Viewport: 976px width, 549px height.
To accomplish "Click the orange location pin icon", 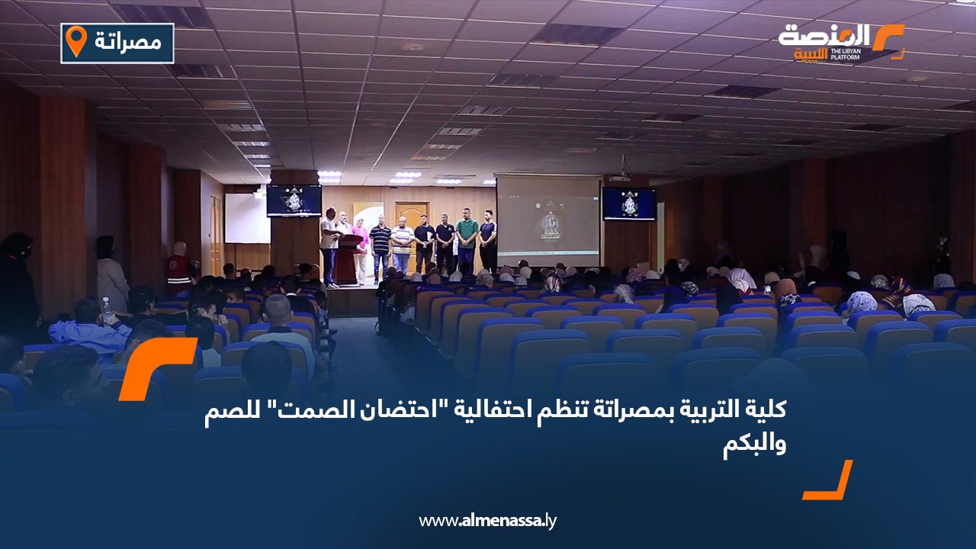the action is click(76, 41).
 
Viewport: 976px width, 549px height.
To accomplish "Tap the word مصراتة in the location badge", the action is click(128, 42).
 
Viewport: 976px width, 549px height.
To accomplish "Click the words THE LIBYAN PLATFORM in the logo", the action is click(845, 54).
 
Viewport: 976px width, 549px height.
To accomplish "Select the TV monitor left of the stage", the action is click(294, 200).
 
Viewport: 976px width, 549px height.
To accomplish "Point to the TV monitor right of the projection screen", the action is click(629, 204).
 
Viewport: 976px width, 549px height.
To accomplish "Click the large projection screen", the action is click(548, 220).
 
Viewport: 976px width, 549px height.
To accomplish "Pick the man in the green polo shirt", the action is click(467, 240).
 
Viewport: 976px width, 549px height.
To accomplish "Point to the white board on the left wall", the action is click(247, 218).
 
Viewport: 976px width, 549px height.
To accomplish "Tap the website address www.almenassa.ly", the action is click(487, 521).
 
